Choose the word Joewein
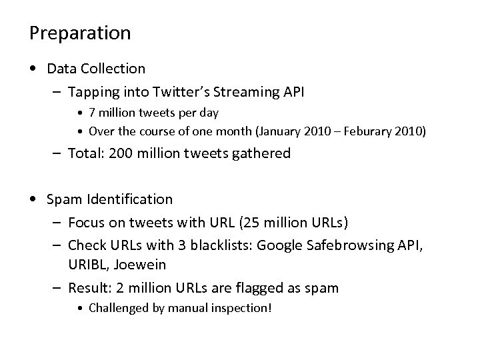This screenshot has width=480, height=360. click(141, 264)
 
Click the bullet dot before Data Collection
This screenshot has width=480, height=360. click(34, 69)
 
